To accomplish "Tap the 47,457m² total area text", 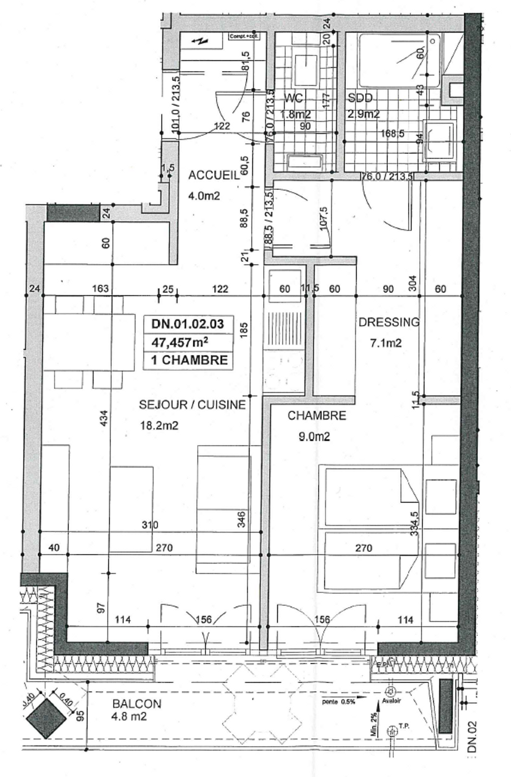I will (x=179, y=342).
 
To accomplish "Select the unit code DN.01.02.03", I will (x=188, y=324).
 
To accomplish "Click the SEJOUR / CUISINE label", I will (x=192, y=405).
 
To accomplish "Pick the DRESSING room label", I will (x=389, y=322).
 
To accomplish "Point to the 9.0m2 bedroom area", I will (x=314, y=437).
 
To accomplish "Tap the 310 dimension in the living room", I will (x=150, y=525).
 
